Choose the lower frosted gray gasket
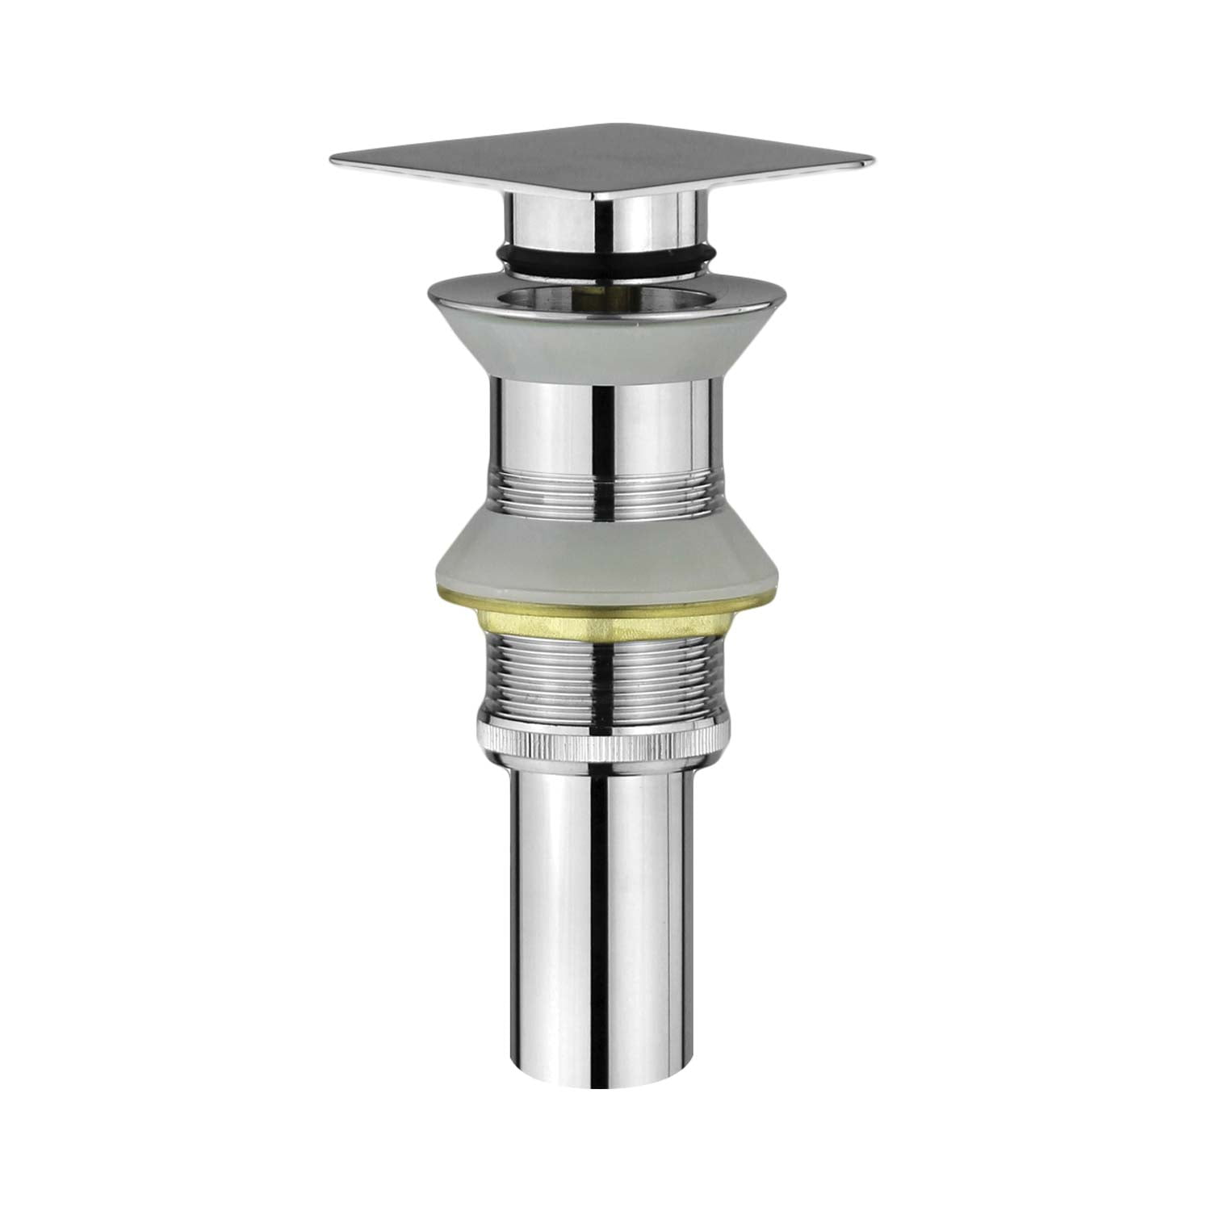605,557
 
